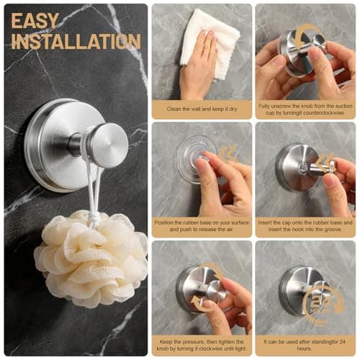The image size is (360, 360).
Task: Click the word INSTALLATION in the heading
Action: (76, 41)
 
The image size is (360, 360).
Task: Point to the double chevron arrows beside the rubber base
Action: (228, 153)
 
